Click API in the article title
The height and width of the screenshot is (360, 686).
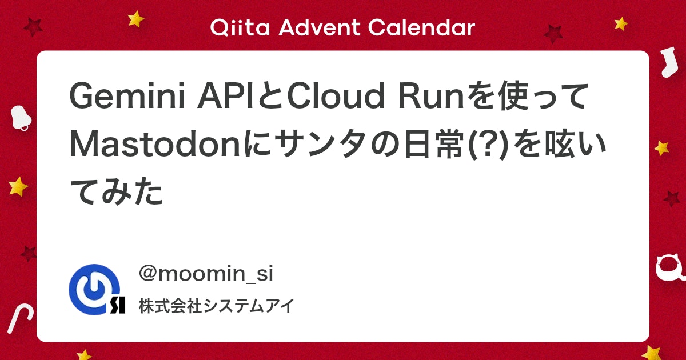coord(225,99)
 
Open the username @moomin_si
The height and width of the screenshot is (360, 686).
coord(206,274)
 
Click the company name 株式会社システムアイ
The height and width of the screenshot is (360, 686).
coord(216,306)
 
